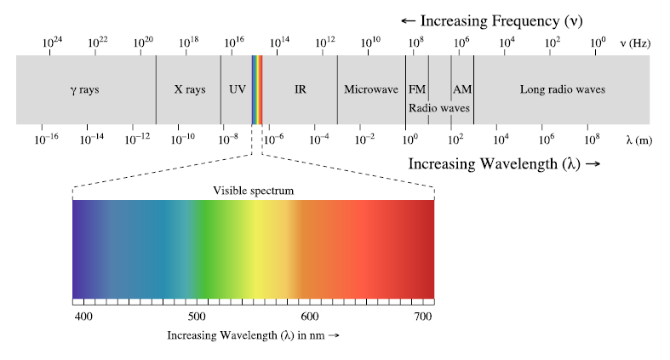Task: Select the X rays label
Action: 189,89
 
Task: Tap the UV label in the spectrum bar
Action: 237,89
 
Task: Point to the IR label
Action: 300,89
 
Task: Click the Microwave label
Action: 370,89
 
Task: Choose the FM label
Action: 416,89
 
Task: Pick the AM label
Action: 462,89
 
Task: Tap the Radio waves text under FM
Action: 438,108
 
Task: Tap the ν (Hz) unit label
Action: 635,43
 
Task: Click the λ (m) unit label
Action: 639,139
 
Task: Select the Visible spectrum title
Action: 253,191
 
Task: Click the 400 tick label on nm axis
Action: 83,317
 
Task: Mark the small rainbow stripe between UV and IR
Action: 257,89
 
